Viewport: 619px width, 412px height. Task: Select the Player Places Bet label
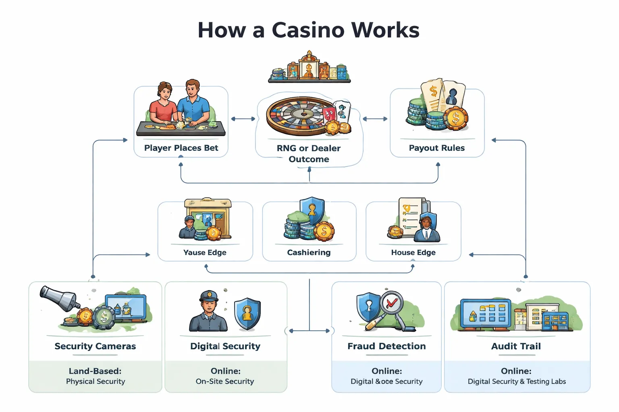[x=181, y=148]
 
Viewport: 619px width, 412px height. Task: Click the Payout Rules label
[x=436, y=148]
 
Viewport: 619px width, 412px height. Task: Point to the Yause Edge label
[x=205, y=253]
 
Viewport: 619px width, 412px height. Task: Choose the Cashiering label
[x=309, y=253]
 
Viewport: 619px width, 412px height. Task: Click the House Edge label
[x=413, y=253]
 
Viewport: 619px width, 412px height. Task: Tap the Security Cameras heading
[x=95, y=346]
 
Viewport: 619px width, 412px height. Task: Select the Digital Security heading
[x=225, y=346]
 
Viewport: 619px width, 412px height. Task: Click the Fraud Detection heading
[x=386, y=346]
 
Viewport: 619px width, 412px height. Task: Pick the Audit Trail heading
[x=516, y=346]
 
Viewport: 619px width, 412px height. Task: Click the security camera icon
[x=58, y=298]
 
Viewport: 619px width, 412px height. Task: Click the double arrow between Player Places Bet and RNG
[x=243, y=119]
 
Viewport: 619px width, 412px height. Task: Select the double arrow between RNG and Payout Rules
[x=375, y=119]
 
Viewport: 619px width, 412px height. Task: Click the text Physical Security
[x=96, y=381]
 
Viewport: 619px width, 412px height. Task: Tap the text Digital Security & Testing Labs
[x=517, y=381]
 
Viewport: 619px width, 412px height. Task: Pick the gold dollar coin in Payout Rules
[x=456, y=118]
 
